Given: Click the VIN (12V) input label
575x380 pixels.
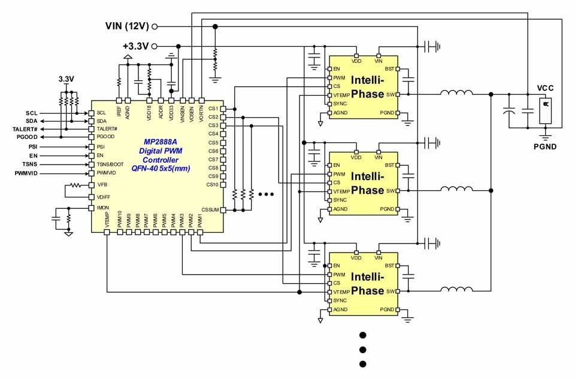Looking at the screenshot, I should [128, 26].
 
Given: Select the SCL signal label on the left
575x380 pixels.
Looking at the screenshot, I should [32, 113].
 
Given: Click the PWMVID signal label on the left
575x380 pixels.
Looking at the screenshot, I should [26, 173].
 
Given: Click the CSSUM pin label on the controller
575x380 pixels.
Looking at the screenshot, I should [210, 209].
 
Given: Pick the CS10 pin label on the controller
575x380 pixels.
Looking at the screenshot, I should [212, 184].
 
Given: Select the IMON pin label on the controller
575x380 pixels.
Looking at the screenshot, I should [103, 207].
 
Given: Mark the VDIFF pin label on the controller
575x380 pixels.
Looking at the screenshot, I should [104, 196].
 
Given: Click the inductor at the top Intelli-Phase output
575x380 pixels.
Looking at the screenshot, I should [457, 93].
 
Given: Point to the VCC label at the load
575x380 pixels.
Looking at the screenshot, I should [545, 88].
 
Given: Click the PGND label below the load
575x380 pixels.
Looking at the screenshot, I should [546, 145].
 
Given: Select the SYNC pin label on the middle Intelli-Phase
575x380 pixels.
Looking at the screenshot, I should [340, 200].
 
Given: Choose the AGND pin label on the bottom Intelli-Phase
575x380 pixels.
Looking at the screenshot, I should [340, 309].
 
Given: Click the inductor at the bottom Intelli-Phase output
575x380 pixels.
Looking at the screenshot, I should [457, 291].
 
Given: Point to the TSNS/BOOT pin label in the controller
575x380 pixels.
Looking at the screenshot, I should [110, 164].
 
